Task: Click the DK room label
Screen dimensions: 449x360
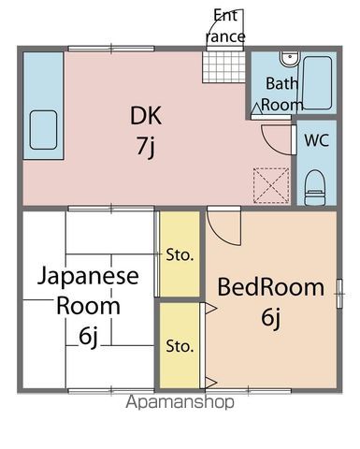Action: [147, 118]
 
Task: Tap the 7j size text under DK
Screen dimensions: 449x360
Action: [147, 147]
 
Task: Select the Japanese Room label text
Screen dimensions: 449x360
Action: [88, 291]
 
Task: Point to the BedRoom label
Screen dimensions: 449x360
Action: [271, 287]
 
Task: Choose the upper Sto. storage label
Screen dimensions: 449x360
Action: [180, 253]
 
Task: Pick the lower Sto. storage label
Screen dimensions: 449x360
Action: [180, 346]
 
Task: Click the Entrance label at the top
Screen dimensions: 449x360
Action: [226, 26]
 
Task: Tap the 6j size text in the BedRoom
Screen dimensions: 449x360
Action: [271, 318]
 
